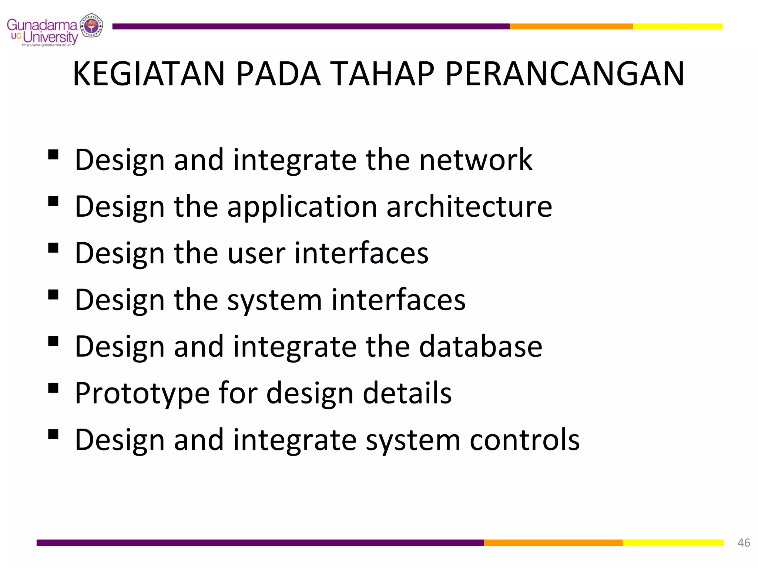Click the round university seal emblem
pyautogui.click(x=92, y=26)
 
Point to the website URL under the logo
pyautogui.click(x=46, y=45)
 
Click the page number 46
pyautogui.click(x=744, y=542)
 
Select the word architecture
pyautogui.click(x=469, y=206)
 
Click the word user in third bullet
pyautogui.click(x=256, y=253)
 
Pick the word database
pyautogui.click(x=480, y=346)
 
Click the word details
pyautogui.click(x=407, y=393)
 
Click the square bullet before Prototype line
pyautogui.click(x=53, y=388)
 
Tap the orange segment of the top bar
pyautogui.click(x=571, y=26)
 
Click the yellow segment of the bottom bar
pyautogui.click(x=673, y=542)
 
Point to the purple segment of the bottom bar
pyautogui.click(x=259, y=542)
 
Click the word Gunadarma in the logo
pyautogui.click(x=41, y=25)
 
